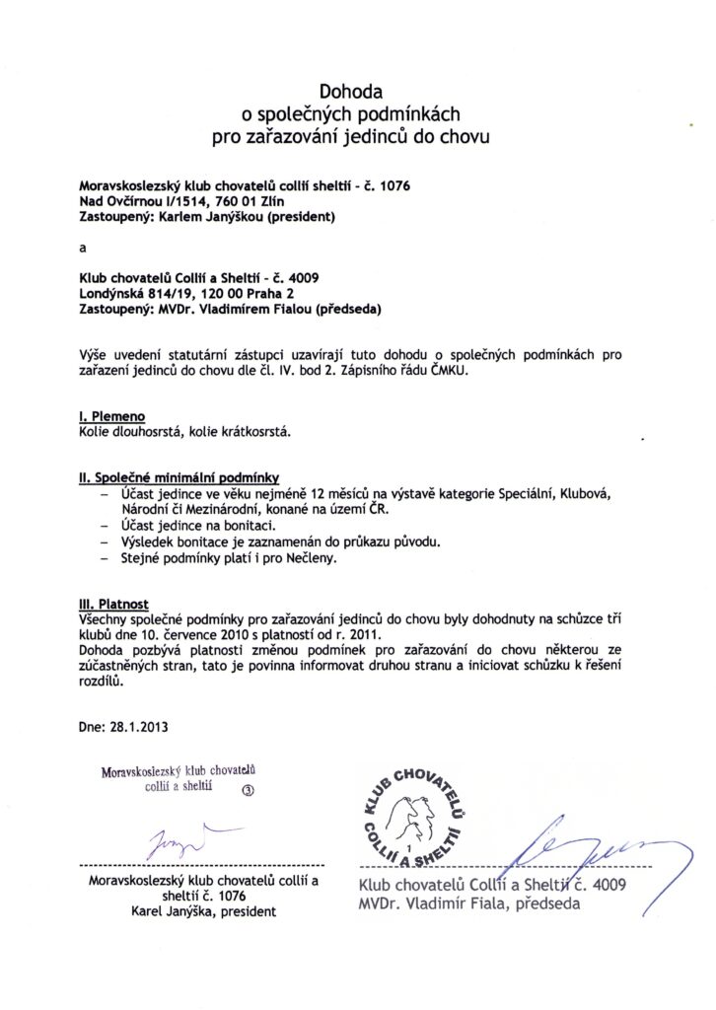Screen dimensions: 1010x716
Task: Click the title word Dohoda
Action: click(x=357, y=93)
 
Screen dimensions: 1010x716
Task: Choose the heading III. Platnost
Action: click(x=113, y=601)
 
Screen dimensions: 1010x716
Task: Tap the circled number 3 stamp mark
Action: click(x=248, y=789)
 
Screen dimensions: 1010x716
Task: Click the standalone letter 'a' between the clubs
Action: click(x=83, y=248)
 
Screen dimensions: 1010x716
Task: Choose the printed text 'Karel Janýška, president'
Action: click(x=204, y=911)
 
